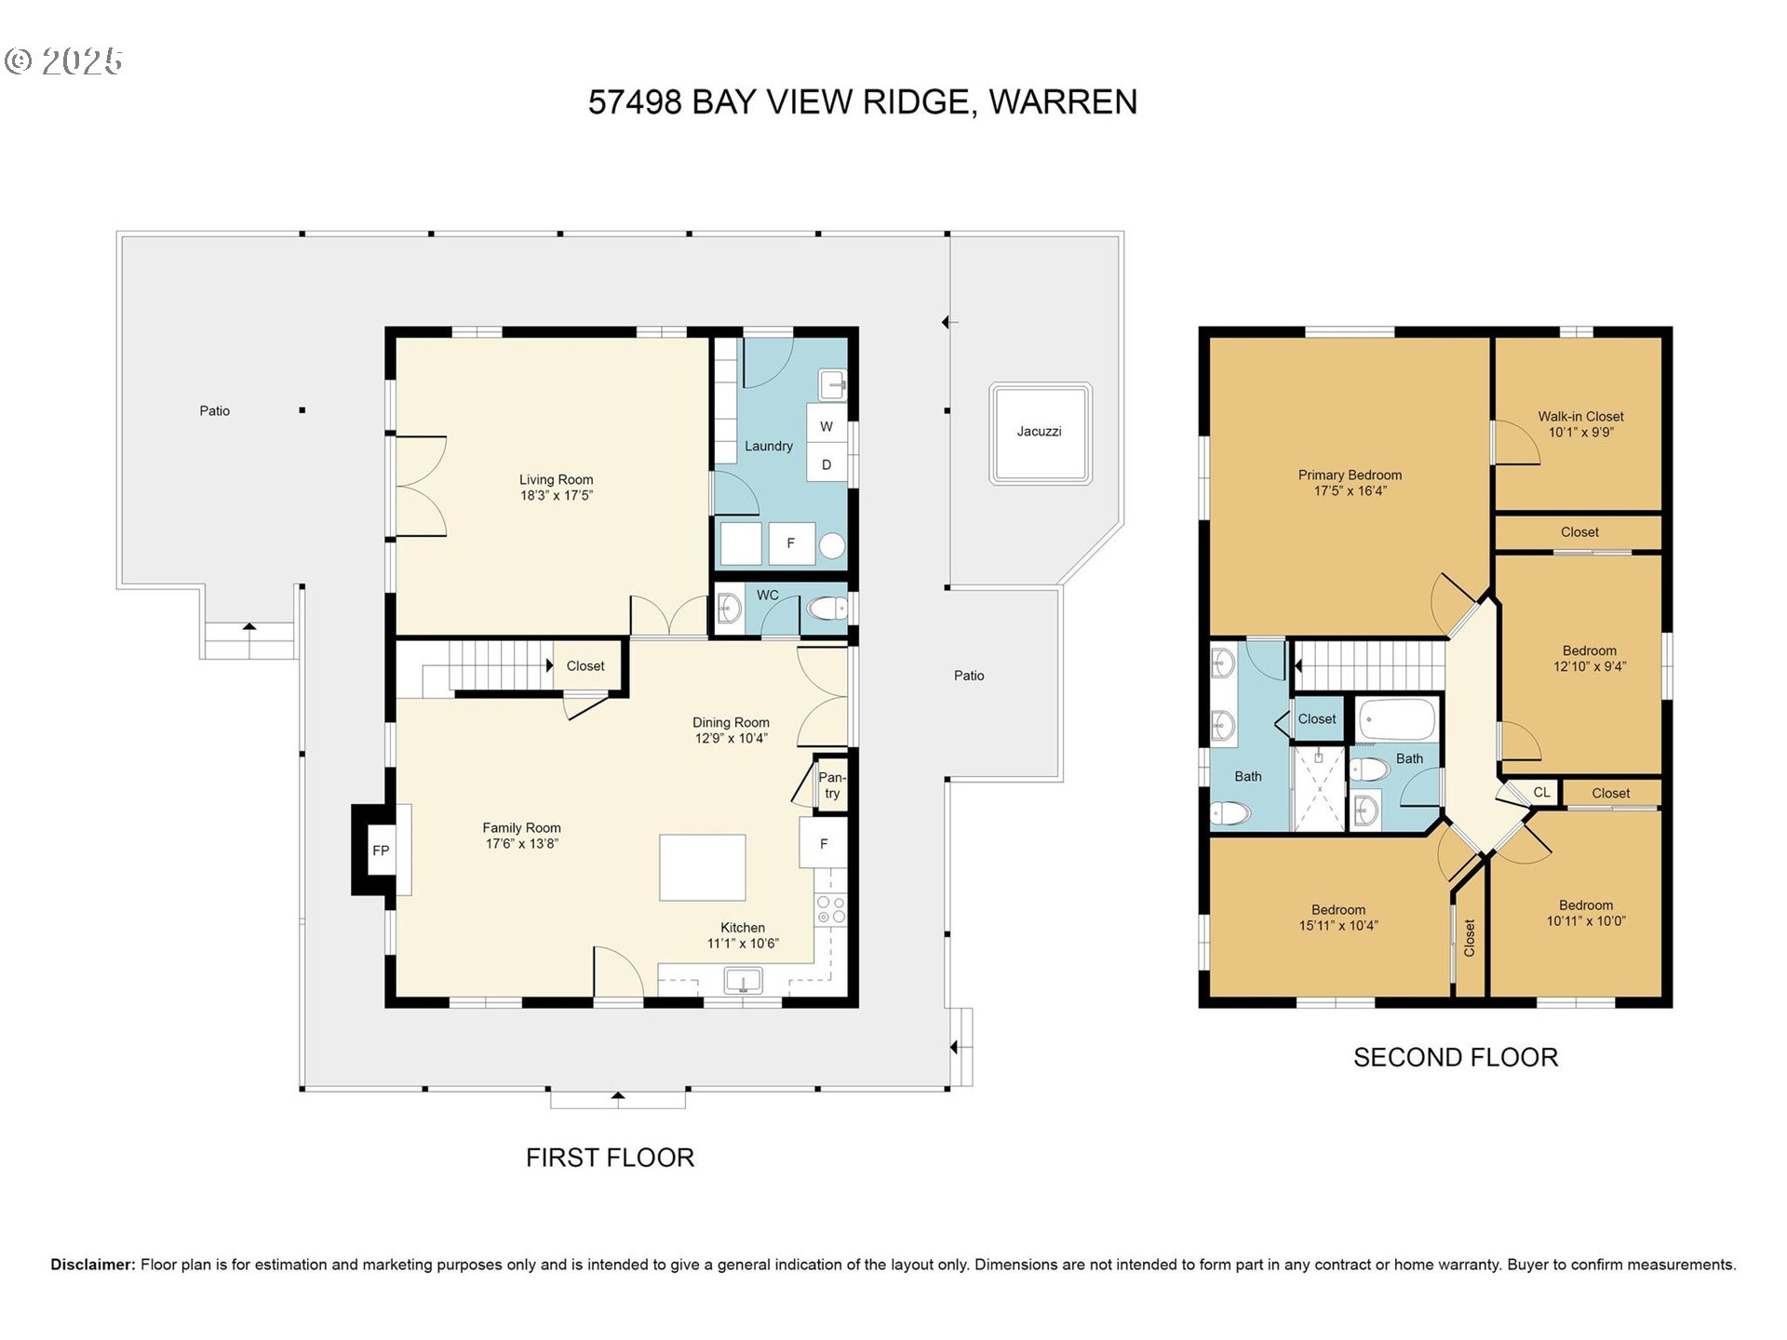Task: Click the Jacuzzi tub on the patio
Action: click(1040, 433)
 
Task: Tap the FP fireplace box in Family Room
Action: click(381, 851)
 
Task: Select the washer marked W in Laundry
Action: click(826, 426)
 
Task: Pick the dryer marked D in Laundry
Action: click(826, 464)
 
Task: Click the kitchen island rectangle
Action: click(703, 867)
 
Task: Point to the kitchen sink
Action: click(743, 981)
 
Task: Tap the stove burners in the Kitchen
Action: click(830, 910)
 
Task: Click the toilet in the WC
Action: click(826, 610)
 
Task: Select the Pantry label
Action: click(831, 785)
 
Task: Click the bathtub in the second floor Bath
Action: click(1397, 719)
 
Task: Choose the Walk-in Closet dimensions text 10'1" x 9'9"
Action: click(1580, 433)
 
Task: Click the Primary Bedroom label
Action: click(1350, 475)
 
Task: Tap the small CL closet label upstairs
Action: click(1541, 793)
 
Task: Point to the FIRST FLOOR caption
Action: click(610, 1158)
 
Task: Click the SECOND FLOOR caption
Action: click(1455, 1058)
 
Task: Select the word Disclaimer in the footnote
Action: click(92, 1265)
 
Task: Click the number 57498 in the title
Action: click(635, 102)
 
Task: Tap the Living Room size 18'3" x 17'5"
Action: click(556, 496)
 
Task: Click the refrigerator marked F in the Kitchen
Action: click(823, 844)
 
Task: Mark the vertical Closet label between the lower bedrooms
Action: click(1470, 938)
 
